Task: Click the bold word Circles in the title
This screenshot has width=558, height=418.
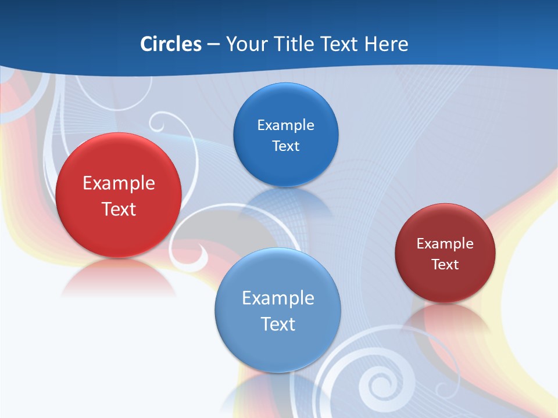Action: pyautogui.click(x=171, y=44)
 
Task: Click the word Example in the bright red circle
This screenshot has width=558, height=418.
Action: pyautogui.click(x=119, y=183)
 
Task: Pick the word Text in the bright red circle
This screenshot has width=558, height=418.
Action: pyautogui.click(x=119, y=209)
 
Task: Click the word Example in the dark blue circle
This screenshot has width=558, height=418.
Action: pyautogui.click(x=285, y=125)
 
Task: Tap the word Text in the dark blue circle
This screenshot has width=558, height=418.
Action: pyautogui.click(x=285, y=146)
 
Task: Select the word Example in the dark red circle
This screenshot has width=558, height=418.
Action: pyautogui.click(x=445, y=244)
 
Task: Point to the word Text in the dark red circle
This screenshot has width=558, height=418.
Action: pyautogui.click(x=445, y=265)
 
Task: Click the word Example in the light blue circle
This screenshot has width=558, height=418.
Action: pyautogui.click(x=278, y=298)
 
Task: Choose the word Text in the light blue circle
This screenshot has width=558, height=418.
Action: pyautogui.click(x=278, y=324)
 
